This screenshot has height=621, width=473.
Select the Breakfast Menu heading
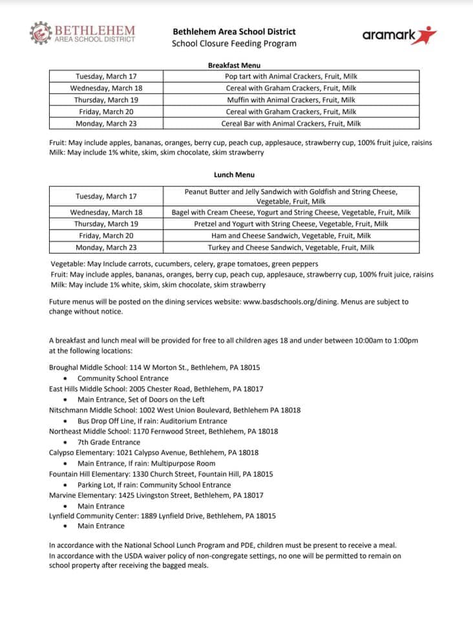234,65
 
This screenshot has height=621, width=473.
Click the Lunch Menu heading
234,175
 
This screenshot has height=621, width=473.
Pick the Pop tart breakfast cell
291,76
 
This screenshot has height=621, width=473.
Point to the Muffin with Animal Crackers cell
291,100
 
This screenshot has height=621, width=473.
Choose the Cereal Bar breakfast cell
291,123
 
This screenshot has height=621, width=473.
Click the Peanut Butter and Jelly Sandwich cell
291,196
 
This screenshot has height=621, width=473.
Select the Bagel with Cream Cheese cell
291,212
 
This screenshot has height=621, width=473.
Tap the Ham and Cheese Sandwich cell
291,235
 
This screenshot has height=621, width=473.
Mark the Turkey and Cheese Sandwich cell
291,247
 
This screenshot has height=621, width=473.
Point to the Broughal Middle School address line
154,367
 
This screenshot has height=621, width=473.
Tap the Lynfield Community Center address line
162,516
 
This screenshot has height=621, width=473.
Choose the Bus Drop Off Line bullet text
152,420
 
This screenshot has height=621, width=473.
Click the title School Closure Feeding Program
234,44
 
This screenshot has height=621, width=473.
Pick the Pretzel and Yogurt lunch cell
291,224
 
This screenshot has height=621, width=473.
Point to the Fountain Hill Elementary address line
161,474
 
